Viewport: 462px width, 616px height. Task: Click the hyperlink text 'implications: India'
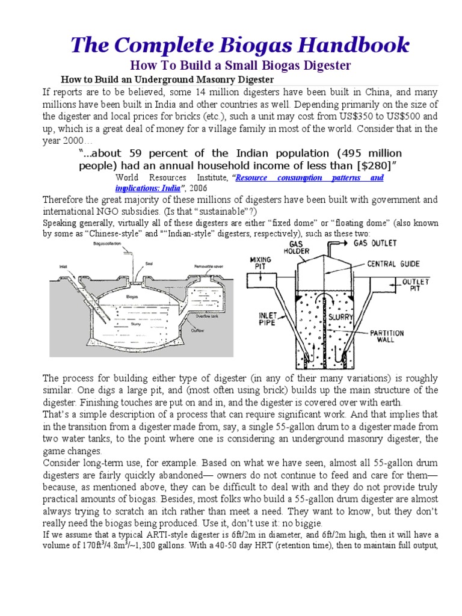pyautogui.click(x=148, y=188)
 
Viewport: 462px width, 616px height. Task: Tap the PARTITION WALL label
pyautogui.click(x=387, y=337)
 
